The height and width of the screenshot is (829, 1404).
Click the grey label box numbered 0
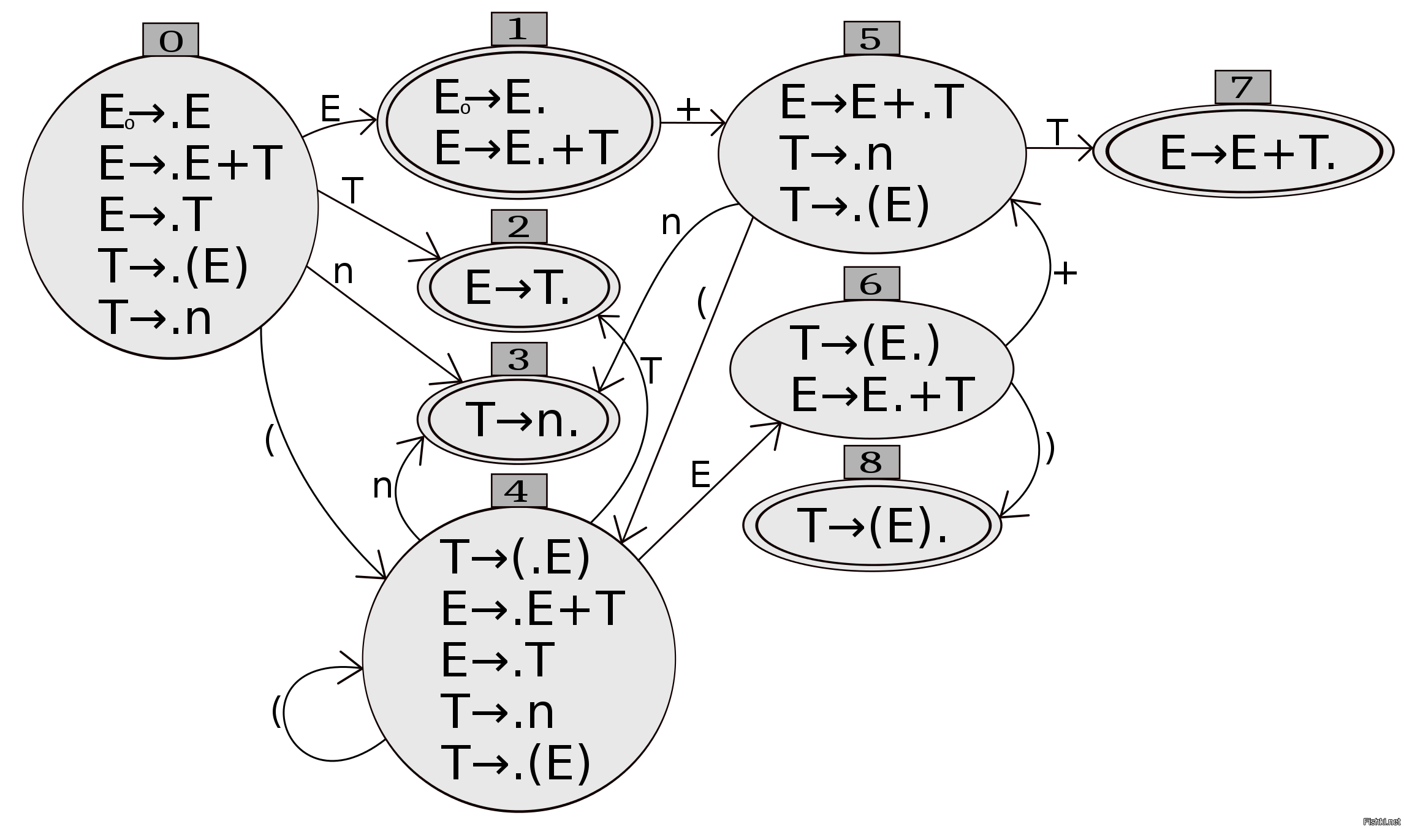pyautogui.click(x=170, y=40)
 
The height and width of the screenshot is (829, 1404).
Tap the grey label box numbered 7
pyautogui.click(x=1242, y=87)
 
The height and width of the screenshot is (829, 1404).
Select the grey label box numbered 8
pyautogui.click(x=871, y=462)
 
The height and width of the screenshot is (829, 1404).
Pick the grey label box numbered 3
pyautogui.click(x=518, y=359)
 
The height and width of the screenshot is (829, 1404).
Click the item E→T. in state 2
pyautogui.click(x=518, y=288)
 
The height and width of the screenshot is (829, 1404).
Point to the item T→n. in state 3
pyautogui.click(x=522, y=421)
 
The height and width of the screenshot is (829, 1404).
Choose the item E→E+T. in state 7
pyautogui.click(x=1247, y=153)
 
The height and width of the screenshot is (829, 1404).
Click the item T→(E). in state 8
pyautogui.click(x=872, y=526)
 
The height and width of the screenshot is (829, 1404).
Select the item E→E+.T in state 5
pyautogui.click(x=871, y=102)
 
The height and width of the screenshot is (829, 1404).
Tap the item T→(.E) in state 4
pyautogui.click(x=515, y=557)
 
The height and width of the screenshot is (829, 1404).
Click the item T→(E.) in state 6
pyautogui.click(x=865, y=343)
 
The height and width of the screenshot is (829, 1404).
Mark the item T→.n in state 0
pyautogui.click(x=154, y=318)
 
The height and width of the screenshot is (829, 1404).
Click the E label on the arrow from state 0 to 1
pyautogui.click(x=330, y=110)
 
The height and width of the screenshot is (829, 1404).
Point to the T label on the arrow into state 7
pyautogui.click(x=1057, y=132)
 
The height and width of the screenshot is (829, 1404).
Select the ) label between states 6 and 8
pyautogui.click(x=1050, y=448)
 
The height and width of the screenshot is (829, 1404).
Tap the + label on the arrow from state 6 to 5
pyautogui.click(x=1065, y=273)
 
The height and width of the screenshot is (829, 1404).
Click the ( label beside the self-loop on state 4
pyautogui.click(x=276, y=711)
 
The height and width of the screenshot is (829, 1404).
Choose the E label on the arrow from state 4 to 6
pyautogui.click(x=700, y=474)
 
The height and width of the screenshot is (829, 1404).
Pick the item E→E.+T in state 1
pyautogui.click(x=525, y=148)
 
